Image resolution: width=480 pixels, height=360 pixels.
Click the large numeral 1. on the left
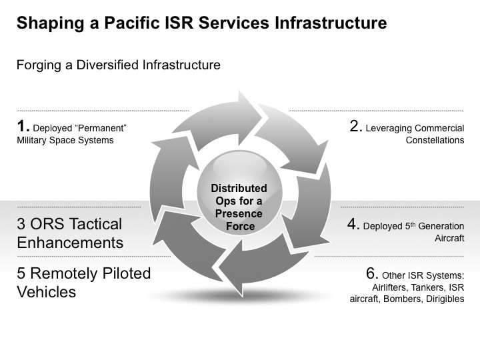click(x=23, y=126)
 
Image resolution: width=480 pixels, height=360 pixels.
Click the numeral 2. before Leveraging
click(x=356, y=126)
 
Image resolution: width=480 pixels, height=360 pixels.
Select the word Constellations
click(x=435, y=140)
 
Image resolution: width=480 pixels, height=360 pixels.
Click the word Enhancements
click(x=70, y=243)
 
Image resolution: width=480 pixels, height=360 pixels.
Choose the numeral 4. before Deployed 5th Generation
click(x=353, y=224)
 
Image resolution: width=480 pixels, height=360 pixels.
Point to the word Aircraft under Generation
click(x=449, y=238)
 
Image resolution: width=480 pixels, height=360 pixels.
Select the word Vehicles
click(x=46, y=292)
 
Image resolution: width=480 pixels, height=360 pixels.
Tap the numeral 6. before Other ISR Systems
click(x=372, y=273)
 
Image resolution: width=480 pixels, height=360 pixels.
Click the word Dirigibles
click(x=445, y=299)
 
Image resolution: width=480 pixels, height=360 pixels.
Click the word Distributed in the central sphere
click(x=239, y=188)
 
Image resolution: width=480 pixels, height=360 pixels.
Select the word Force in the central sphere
click(x=240, y=226)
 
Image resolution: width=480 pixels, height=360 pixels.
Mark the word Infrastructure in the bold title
click(x=331, y=23)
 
